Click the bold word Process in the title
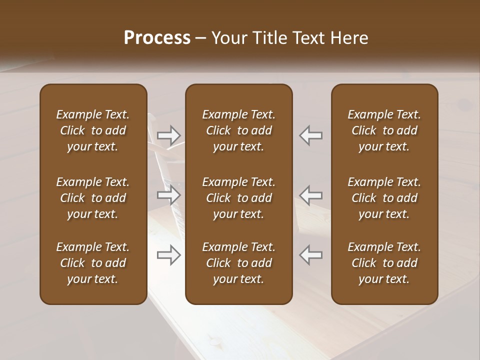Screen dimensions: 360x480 point(157,38)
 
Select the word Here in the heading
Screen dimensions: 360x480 point(349,38)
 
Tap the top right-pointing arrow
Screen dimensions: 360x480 point(169,135)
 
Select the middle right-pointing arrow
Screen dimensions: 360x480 point(169,195)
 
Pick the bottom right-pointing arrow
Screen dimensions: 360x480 point(169,255)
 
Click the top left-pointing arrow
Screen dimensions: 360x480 point(311,135)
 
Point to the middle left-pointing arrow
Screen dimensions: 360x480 point(311,195)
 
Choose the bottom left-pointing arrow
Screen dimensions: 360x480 point(311,255)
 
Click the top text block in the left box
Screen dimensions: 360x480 point(93,130)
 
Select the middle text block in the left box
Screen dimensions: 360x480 point(93,198)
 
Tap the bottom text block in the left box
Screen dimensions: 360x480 point(93,263)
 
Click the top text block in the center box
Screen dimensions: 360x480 point(239,130)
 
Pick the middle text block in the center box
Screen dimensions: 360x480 point(239,198)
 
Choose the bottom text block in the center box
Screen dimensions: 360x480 point(239,263)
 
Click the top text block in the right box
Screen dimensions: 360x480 point(384,130)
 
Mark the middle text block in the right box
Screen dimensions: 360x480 point(384,198)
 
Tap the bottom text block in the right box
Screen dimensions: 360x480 point(384,263)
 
